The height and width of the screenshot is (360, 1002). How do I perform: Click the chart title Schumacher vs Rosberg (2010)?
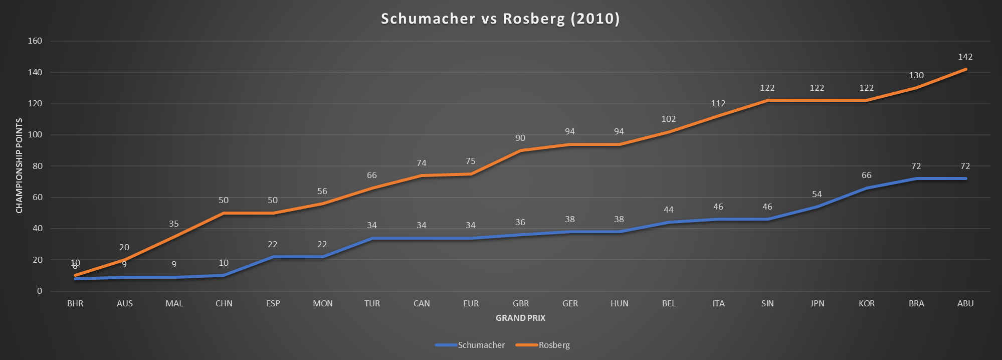click(x=500, y=19)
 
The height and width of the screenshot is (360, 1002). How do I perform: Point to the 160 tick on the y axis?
click(x=35, y=41)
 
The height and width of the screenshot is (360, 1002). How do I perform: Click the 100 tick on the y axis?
click(x=35, y=135)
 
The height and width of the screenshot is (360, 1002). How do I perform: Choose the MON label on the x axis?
click(x=322, y=303)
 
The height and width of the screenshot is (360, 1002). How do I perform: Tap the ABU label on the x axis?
click(x=965, y=303)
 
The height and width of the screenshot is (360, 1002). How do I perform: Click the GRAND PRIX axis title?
click(x=520, y=318)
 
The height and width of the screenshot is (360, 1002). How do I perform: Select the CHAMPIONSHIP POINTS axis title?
click(x=20, y=165)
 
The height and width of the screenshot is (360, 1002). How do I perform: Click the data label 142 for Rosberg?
click(x=965, y=57)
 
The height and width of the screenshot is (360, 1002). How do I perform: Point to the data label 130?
click(x=916, y=76)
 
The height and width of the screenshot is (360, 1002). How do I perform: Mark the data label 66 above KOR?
click(x=866, y=175)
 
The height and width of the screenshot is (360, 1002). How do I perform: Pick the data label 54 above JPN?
click(x=817, y=195)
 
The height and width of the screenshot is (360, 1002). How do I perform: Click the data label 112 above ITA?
click(x=718, y=104)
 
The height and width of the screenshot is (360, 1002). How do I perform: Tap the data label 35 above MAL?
click(x=173, y=224)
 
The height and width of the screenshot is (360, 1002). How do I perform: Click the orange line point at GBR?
click(x=520, y=150)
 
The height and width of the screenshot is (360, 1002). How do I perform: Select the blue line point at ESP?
click(x=273, y=257)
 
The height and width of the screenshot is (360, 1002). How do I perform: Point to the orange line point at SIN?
click(x=767, y=100)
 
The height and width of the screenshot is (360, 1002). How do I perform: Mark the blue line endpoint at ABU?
click(x=965, y=178)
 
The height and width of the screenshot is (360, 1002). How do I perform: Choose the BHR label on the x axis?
click(x=75, y=303)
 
